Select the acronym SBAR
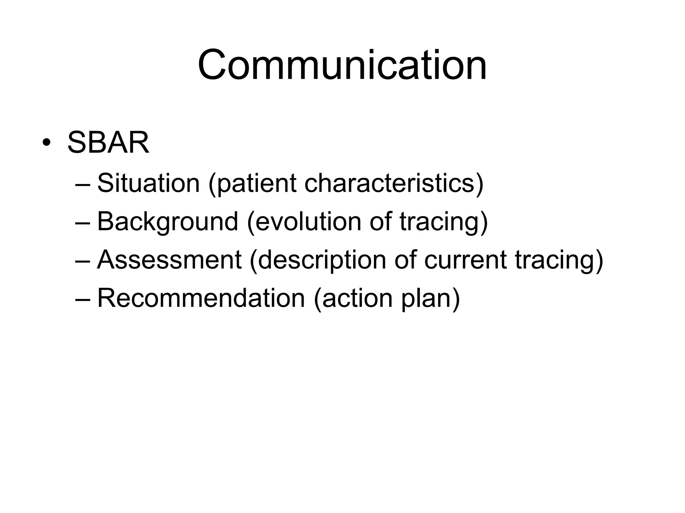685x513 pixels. (108, 143)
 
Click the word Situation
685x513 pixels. (149, 183)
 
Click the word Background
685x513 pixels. (167, 222)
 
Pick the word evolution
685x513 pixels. (308, 221)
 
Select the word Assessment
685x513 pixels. (169, 260)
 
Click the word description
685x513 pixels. (322, 261)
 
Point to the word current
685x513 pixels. (465, 260)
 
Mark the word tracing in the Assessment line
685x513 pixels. (555, 261)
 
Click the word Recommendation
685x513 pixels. (201, 298)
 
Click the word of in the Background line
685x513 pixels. (380, 221)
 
